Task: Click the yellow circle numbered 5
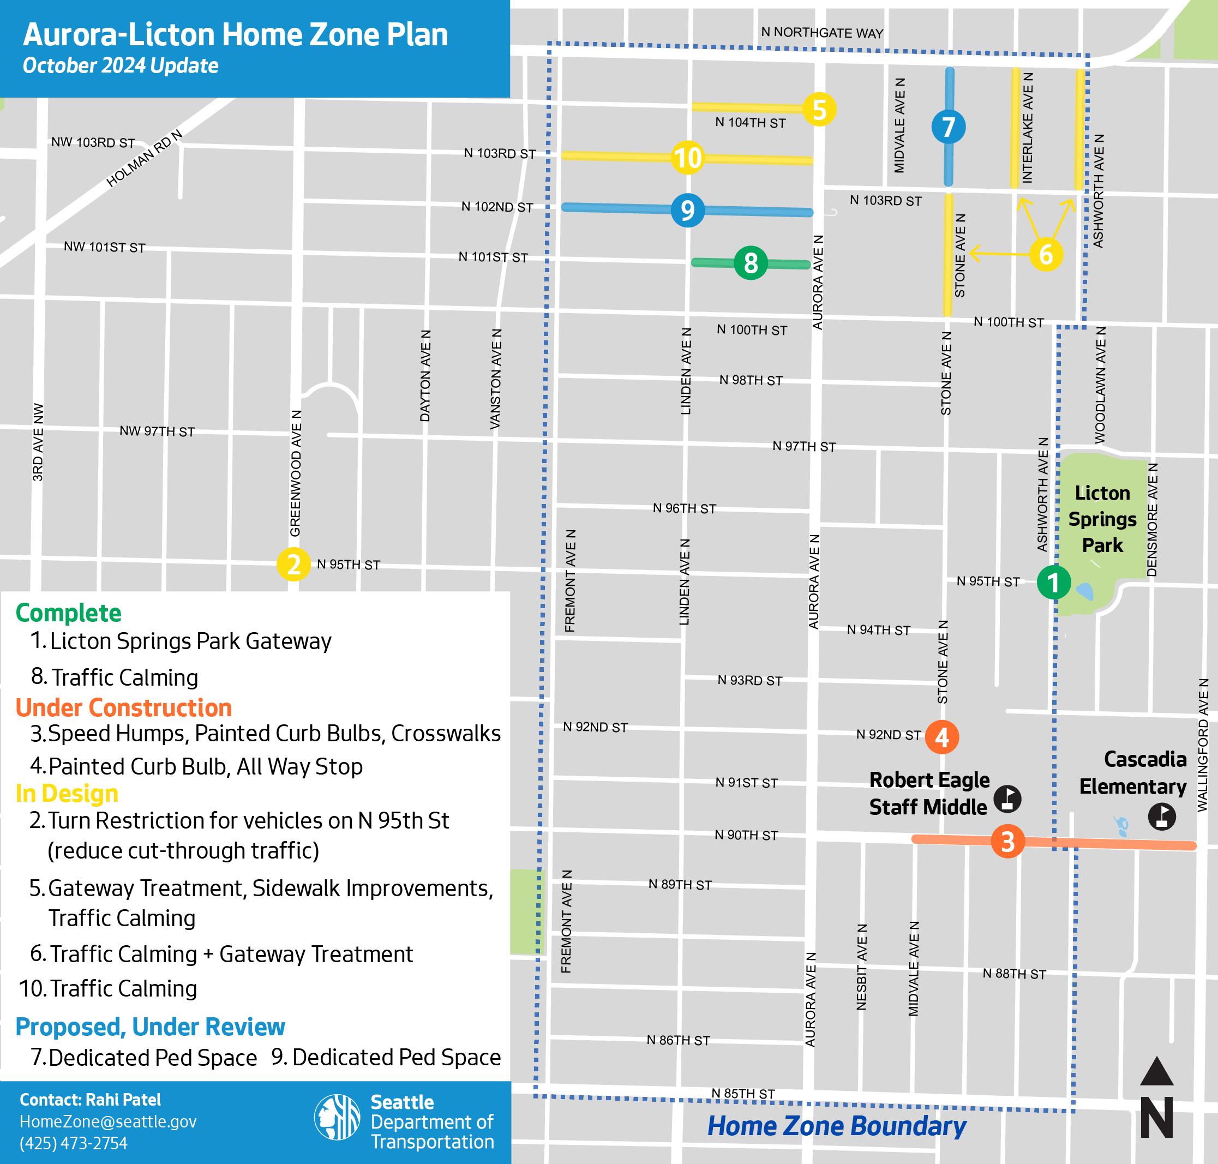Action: [819, 110]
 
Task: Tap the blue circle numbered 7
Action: [948, 127]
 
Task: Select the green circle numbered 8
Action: [751, 263]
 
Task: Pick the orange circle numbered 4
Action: [942, 737]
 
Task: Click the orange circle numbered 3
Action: [1007, 841]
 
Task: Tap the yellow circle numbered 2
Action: [293, 564]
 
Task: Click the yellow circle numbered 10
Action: [687, 158]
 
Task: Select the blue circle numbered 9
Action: [687, 211]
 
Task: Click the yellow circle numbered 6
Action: [1046, 254]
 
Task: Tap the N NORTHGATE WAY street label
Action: [821, 33]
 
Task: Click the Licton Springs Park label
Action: [1102, 519]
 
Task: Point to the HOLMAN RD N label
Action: [144, 158]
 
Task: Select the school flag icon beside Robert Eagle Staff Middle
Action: [1007, 799]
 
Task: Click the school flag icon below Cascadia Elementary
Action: [1161, 816]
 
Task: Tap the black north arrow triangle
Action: [1156, 1072]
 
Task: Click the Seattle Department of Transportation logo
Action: [337, 1117]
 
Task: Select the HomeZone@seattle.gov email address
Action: [108, 1121]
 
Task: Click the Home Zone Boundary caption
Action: [836, 1126]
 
